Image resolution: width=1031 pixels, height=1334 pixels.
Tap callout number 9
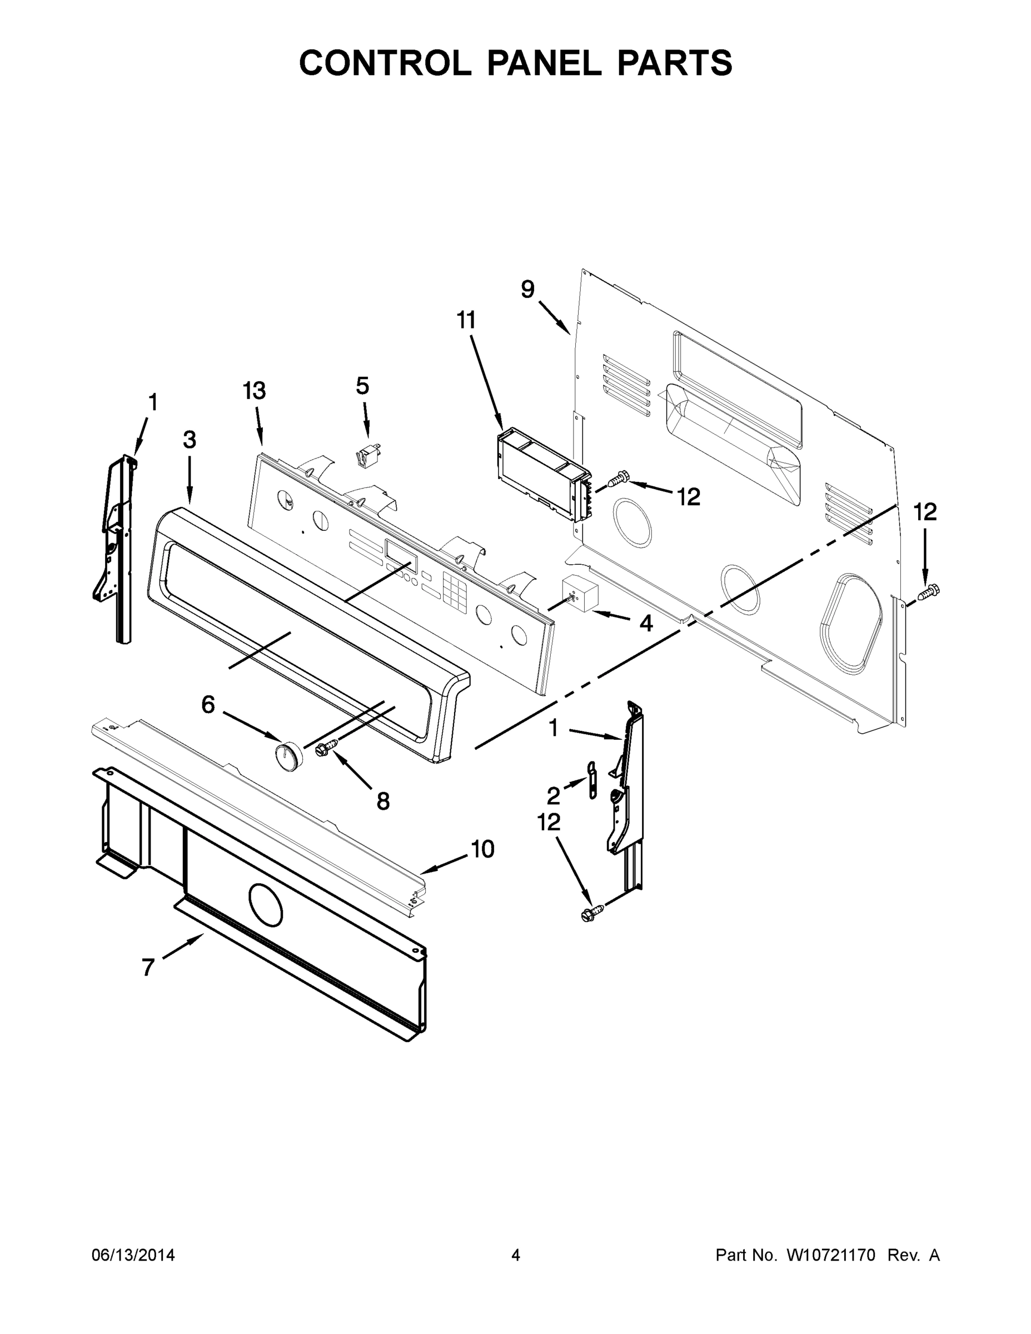[x=527, y=290]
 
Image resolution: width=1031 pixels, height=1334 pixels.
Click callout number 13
[x=254, y=391]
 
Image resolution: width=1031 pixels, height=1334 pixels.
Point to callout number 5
[x=362, y=386]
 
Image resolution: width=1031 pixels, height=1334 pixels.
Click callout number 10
[x=482, y=849]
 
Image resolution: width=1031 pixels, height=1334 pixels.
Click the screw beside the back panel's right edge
[x=928, y=591]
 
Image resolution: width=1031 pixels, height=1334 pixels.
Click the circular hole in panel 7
[x=266, y=903]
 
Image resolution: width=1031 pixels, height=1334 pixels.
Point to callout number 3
[x=190, y=440]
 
